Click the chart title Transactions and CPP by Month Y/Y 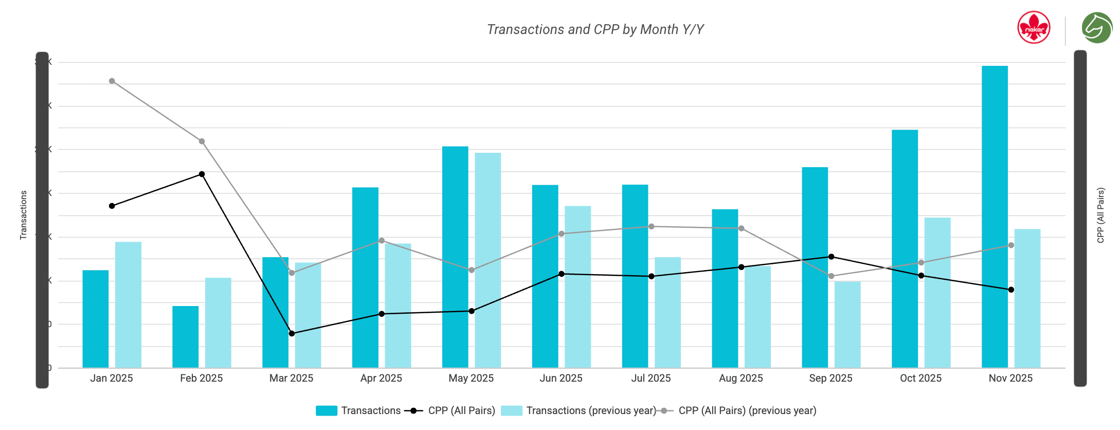(595, 29)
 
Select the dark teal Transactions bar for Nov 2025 (995, 216)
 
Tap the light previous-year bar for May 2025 (487, 260)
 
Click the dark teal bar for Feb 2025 (185, 337)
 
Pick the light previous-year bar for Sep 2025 (847, 325)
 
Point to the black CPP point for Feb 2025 (202, 174)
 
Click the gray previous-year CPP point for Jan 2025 (112, 81)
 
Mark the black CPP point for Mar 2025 (292, 333)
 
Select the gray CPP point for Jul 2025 (651, 226)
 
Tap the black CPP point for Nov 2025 (1011, 290)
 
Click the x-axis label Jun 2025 (561, 378)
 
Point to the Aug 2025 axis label (740, 378)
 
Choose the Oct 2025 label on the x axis (920, 378)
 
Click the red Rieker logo (1034, 28)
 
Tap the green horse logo (1097, 28)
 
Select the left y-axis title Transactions (23, 215)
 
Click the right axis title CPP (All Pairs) (1100, 215)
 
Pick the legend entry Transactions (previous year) (591, 410)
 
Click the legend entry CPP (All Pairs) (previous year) (747, 410)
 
